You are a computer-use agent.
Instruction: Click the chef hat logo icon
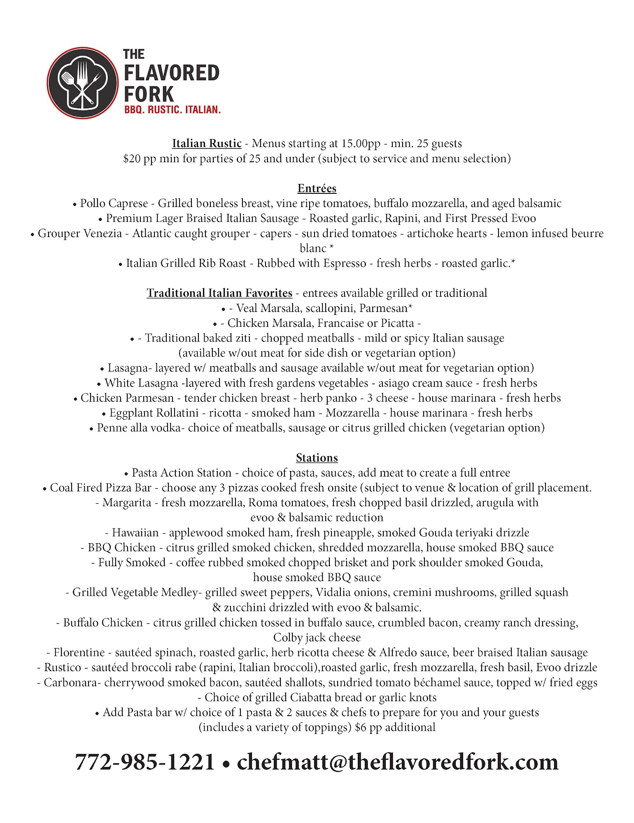[82, 83]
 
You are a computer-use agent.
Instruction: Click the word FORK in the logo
[149, 94]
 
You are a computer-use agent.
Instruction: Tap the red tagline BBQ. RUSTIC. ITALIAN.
[172, 110]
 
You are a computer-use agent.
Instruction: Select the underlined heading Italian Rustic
[207, 143]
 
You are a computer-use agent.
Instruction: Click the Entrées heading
[317, 188]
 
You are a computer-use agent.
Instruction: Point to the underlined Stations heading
[317, 458]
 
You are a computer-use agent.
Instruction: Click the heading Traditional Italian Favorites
[219, 293]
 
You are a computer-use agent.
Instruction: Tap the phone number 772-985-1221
[145, 762]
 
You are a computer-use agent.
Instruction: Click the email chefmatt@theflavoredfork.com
[398, 762]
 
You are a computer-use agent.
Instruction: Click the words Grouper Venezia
[80, 233]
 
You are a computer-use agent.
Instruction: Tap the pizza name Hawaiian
[135, 532]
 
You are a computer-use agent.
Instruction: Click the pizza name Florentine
[79, 652]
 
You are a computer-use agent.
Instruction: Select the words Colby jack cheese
[317, 637]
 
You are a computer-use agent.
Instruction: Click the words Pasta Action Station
[182, 472]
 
